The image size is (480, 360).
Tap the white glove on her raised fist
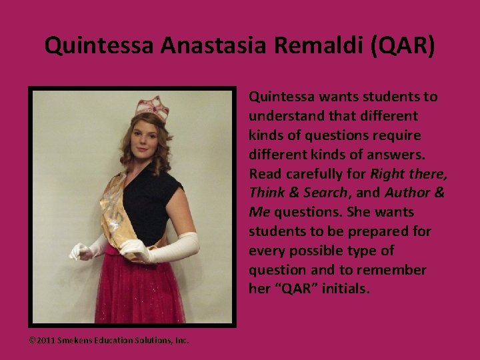[81, 252]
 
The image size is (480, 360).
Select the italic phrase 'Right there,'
[409, 174]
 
